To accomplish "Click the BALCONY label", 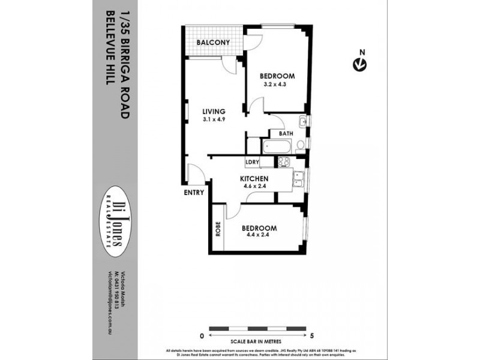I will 214,43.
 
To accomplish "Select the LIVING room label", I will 214,111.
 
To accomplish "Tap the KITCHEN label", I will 254,179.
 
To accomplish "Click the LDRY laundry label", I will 253,162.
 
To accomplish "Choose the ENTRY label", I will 194,193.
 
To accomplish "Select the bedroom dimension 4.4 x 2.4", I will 259,236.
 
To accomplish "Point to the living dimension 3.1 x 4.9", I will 214,119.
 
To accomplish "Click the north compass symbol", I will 360,63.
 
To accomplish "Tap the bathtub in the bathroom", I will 276,146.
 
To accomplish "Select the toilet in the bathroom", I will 301,144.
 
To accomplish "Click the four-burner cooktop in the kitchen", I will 284,162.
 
